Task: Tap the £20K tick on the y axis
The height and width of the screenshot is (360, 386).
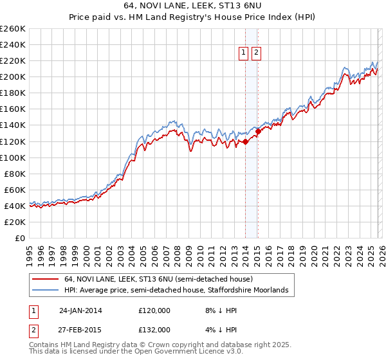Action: tap(15, 222)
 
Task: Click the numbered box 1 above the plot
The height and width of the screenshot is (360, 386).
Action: tap(245, 53)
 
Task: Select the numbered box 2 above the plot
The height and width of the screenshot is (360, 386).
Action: tap(257, 53)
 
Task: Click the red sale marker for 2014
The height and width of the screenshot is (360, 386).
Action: tap(245, 141)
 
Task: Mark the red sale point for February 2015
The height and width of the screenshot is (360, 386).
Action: tap(257, 132)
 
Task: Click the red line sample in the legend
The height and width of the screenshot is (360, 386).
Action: tap(45, 279)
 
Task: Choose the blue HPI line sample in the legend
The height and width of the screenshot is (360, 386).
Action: tap(45, 291)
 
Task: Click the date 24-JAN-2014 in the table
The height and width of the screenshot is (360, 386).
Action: tap(80, 310)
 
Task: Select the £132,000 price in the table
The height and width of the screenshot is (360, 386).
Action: tap(154, 330)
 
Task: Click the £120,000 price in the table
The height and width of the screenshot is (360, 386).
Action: tap(154, 310)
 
